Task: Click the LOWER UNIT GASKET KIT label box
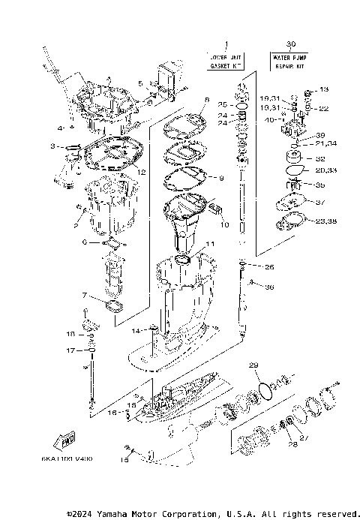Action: pyautogui.click(x=225, y=61)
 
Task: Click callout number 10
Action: pyautogui.click(x=223, y=224)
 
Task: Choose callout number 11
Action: pyautogui.click(x=211, y=244)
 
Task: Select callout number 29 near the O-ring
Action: pyautogui.click(x=253, y=365)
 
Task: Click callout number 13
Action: pyautogui.click(x=324, y=90)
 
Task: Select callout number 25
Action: pyautogui.click(x=222, y=104)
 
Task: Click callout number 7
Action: pyautogui.click(x=85, y=296)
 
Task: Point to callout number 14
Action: pyautogui.click(x=135, y=331)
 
